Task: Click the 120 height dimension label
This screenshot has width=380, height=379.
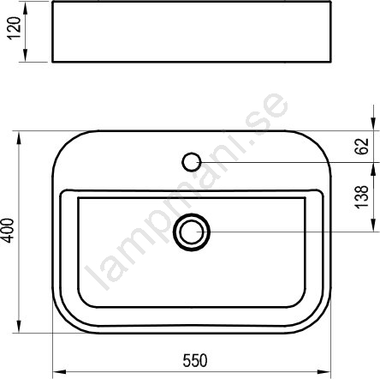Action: pyautogui.click(x=15, y=28)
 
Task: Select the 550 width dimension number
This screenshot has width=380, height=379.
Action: pyautogui.click(x=195, y=361)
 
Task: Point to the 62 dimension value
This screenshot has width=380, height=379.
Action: pyautogui.click(x=362, y=147)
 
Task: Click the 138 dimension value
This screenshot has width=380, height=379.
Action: pyautogui.click(x=362, y=197)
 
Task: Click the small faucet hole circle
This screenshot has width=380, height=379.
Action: pyautogui.click(x=192, y=162)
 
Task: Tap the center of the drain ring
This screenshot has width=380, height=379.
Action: pyautogui.click(x=192, y=232)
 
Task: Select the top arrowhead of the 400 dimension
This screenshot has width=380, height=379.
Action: pyautogui.click(x=19, y=138)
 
